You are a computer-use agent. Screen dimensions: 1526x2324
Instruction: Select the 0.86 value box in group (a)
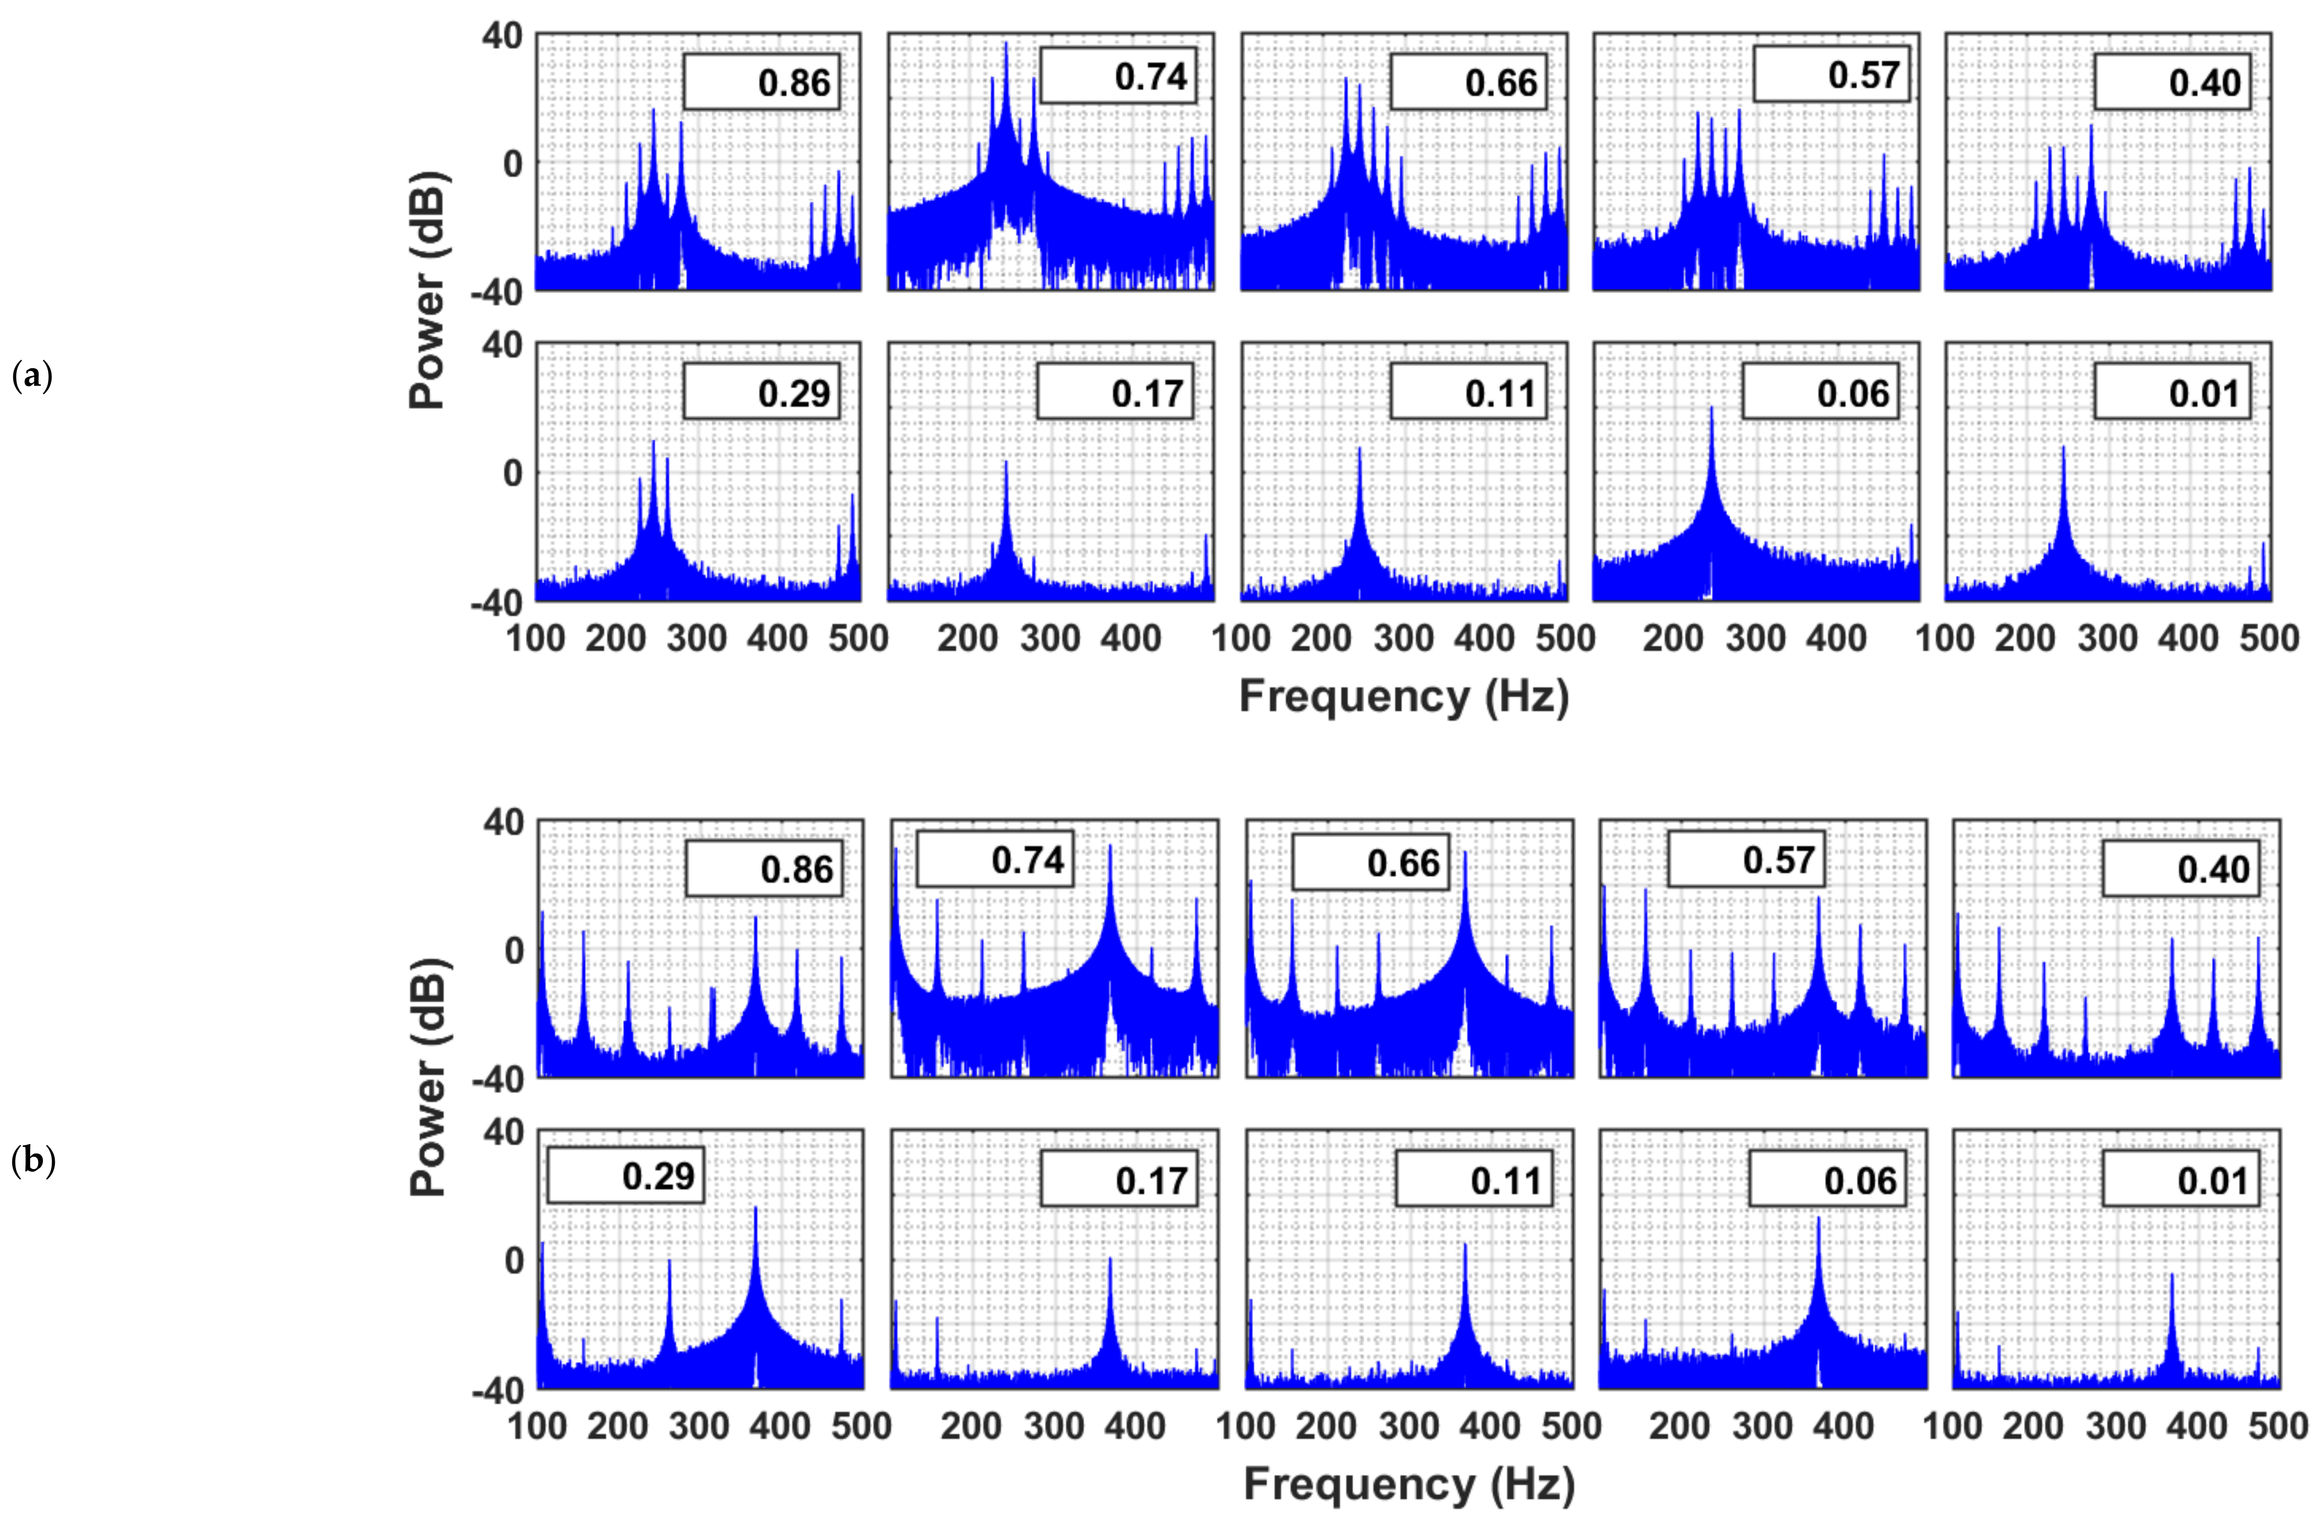point(761,82)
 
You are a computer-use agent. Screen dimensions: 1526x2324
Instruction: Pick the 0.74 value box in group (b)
point(994,859)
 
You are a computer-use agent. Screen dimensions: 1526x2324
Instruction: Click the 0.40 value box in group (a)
point(2173,82)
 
